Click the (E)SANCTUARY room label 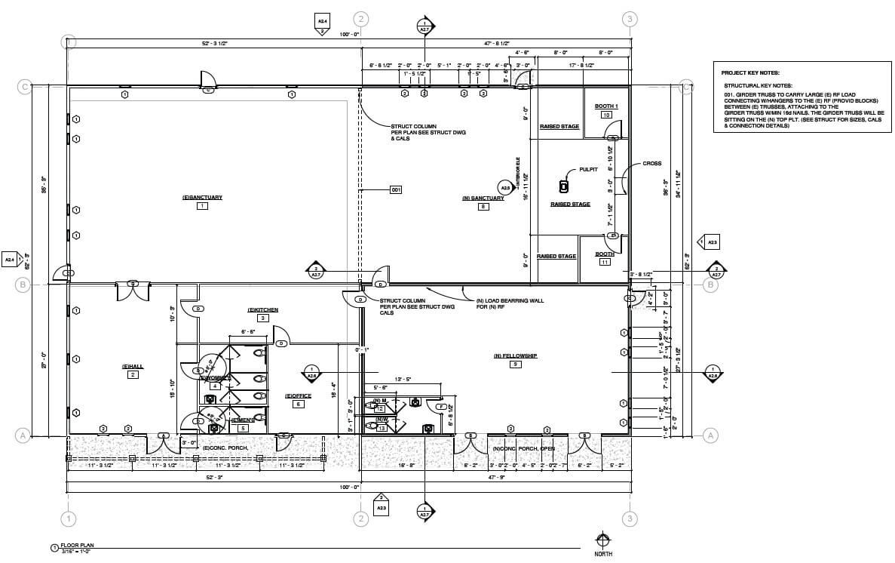point(202,198)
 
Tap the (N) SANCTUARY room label point(483,198)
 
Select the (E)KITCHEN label point(263,310)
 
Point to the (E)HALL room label point(133,366)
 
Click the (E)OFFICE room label point(298,395)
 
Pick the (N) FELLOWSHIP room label point(515,355)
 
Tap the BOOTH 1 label point(605,106)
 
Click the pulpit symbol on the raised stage point(562,186)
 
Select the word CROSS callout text point(652,164)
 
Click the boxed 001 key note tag point(396,189)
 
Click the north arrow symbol point(602,540)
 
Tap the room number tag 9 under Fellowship point(515,365)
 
